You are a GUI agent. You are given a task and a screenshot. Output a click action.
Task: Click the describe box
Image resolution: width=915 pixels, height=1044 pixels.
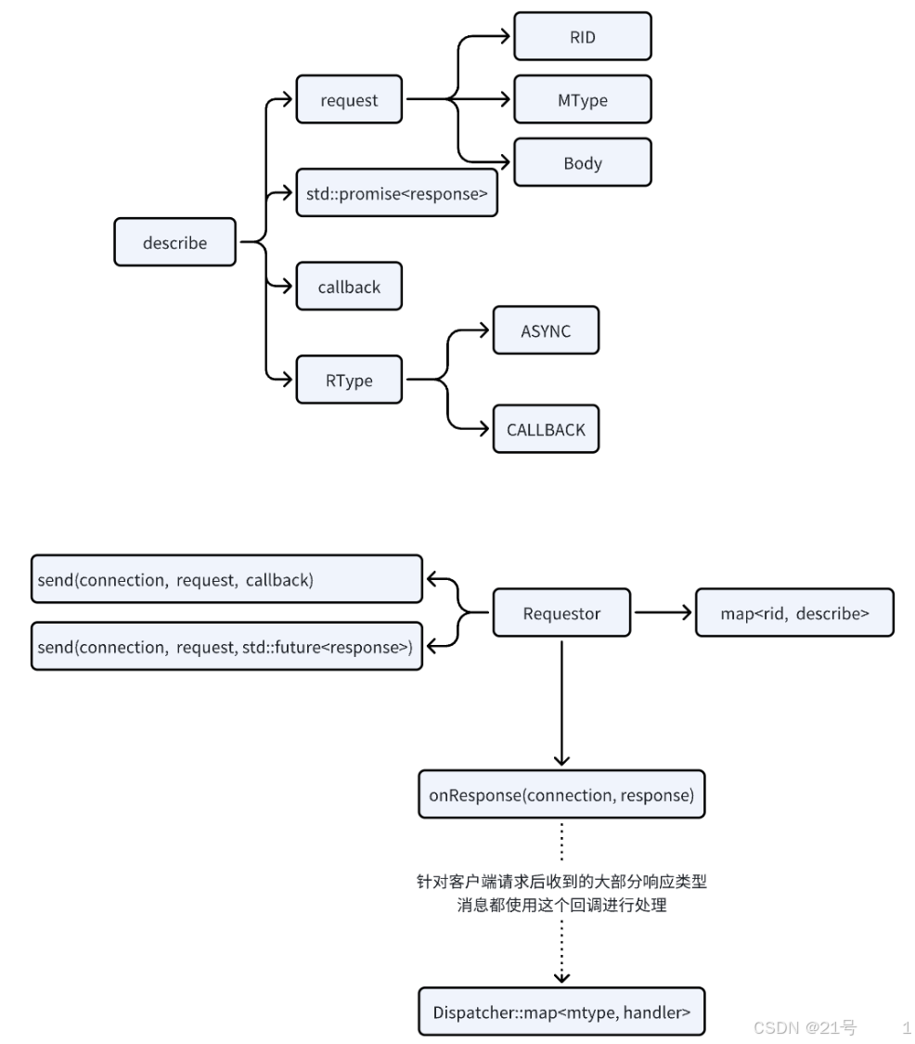(174, 242)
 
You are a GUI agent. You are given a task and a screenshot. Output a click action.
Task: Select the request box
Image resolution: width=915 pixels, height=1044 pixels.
(349, 99)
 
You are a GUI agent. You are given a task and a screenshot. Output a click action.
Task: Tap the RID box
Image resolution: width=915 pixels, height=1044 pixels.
(583, 37)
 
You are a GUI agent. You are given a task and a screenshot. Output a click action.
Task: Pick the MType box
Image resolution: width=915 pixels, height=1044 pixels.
(583, 99)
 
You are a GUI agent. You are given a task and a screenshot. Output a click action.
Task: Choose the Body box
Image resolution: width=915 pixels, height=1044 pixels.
(583, 162)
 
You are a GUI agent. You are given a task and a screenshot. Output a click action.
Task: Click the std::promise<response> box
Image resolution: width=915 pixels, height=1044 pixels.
(396, 193)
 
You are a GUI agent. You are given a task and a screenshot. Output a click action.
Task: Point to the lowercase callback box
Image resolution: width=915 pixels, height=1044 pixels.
(349, 287)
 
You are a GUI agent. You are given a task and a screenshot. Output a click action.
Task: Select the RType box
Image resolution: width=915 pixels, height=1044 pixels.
(349, 380)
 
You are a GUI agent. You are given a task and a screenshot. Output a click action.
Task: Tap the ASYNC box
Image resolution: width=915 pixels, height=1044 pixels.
(546, 329)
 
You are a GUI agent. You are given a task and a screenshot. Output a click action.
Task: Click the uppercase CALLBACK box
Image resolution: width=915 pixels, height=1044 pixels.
(546, 429)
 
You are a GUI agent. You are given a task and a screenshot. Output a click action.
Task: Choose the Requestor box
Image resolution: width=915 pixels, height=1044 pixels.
(561, 612)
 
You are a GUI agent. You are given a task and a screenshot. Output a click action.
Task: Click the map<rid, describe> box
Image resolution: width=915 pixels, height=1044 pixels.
(794, 612)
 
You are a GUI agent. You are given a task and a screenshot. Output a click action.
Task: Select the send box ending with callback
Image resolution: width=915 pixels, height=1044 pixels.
(226, 579)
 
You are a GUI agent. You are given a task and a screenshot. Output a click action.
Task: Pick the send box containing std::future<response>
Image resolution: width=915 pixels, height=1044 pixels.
(226, 646)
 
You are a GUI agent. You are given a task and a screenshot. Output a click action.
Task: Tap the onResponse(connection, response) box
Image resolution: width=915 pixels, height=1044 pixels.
(561, 794)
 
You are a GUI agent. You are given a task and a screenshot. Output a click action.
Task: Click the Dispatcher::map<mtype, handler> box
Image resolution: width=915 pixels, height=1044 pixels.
(561, 1012)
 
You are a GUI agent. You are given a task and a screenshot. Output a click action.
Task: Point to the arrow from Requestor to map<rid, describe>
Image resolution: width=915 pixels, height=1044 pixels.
(662, 612)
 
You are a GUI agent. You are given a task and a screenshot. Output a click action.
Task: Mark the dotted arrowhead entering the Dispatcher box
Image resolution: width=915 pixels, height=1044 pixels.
(561, 976)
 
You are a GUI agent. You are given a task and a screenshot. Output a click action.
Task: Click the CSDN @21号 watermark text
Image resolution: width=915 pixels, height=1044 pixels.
(805, 1027)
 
